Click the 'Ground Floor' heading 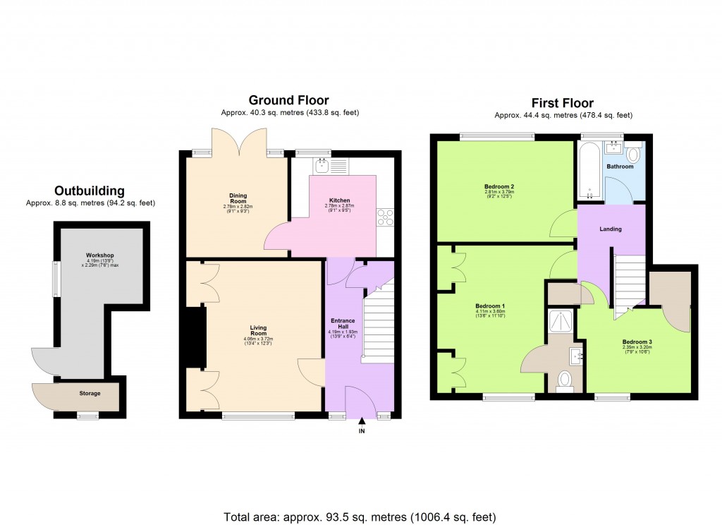tap(289, 100)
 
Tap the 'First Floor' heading tap(563, 103)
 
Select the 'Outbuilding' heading tap(90, 191)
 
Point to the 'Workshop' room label tap(100, 255)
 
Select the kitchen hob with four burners tap(386, 217)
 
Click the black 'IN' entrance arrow tap(362, 421)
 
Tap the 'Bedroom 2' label tap(494, 186)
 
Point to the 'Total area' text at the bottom tap(360, 516)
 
